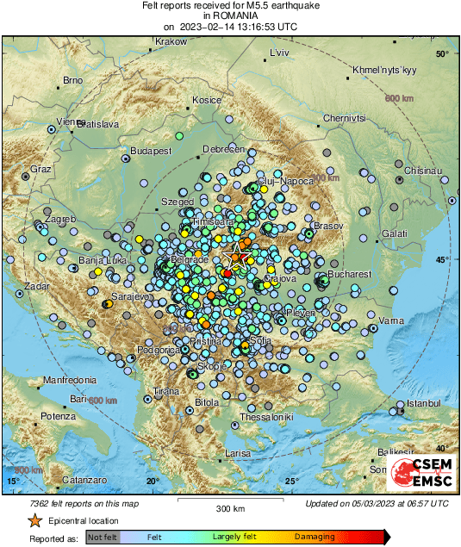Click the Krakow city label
[171, 41]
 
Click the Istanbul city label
[423, 403]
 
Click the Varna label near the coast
[392, 320]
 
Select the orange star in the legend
[34, 521]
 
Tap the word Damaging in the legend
[315, 536]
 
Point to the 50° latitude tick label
[442, 54]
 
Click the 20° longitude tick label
[153, 481]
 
